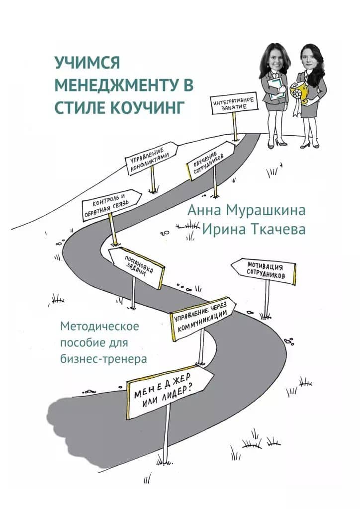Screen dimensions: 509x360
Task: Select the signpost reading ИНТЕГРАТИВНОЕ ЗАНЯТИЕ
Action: pyautogui.click(x=234, y=104)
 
